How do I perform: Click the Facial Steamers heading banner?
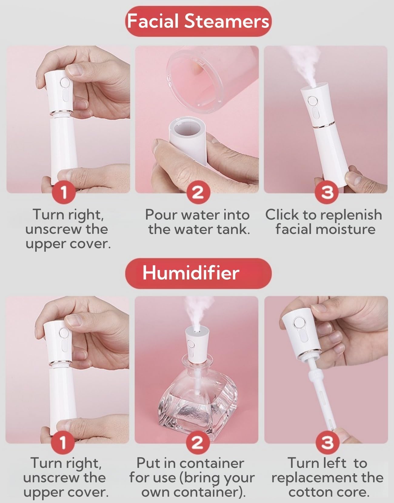[198, 22]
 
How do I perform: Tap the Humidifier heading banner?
[198, 273]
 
